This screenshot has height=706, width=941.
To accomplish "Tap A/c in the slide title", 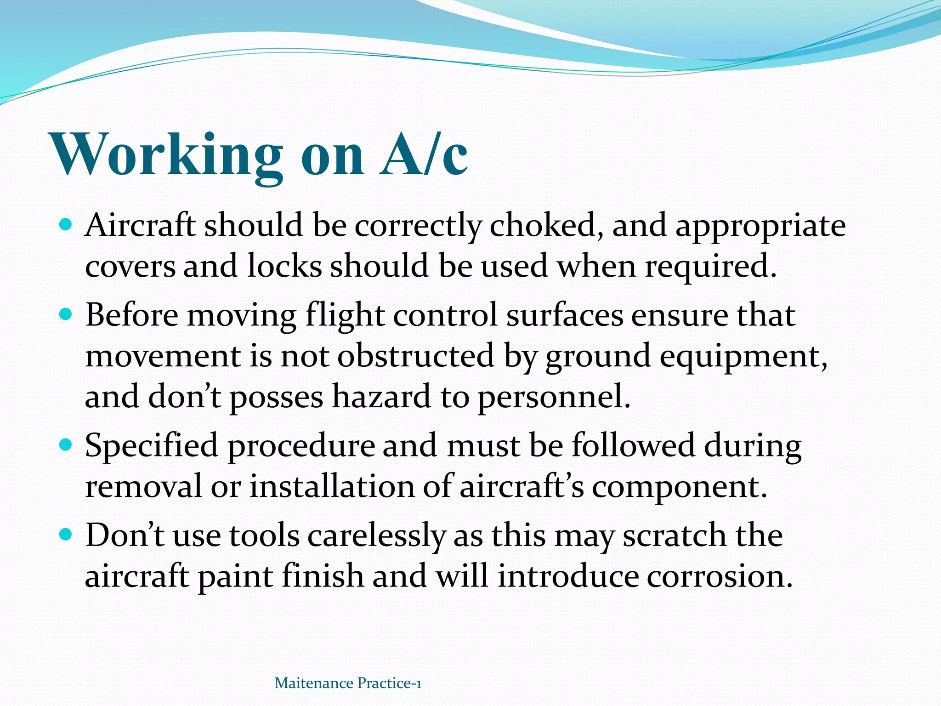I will tap(423, 155).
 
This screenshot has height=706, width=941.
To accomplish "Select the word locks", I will tap(284, 266).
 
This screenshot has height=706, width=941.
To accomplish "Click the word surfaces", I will tap(565, 315).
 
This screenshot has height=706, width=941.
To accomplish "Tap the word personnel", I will tap(553, 398).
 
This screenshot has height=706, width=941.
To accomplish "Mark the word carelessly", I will tap(376, 536).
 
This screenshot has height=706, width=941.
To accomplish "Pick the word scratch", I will tap(674, 535).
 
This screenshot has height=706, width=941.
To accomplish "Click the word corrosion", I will tap(720, 576).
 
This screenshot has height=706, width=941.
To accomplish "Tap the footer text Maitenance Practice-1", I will tap(348, 683).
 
